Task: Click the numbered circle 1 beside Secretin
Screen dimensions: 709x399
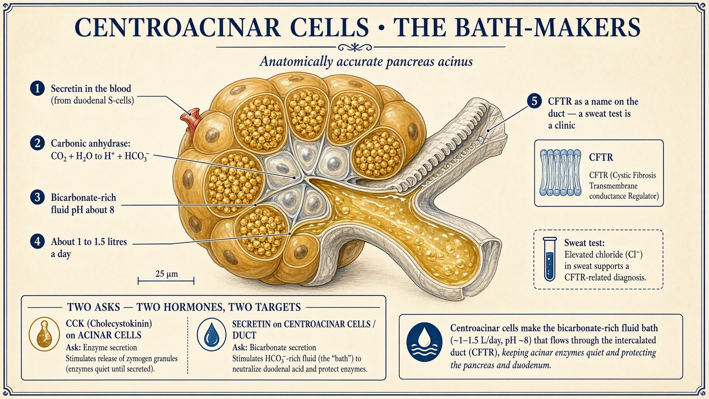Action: tap(38, 88)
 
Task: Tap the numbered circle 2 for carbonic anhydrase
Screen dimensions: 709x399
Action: tap(38, 142)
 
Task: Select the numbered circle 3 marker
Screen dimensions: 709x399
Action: tap(38, 197)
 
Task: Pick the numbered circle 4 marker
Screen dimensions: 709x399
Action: tap(38, 241)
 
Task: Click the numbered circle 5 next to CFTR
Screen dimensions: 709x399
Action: tap(535, 101)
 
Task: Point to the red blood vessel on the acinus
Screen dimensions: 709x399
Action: tap(192, 121)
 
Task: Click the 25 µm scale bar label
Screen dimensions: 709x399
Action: tap(167, 274)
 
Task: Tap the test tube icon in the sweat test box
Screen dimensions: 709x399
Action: tap(550, 259)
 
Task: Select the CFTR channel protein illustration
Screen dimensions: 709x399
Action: tap(561, 173)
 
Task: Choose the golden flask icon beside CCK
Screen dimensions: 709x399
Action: tap(44, 334)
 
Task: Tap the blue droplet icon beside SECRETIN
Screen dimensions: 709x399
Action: tap(212, 334)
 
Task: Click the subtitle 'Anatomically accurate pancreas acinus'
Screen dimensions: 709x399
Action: tap(366, 62)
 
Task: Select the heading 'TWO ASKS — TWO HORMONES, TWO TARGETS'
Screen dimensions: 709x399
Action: tap(184, 307)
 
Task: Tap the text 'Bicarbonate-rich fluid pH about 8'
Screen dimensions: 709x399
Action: tap(83, 203)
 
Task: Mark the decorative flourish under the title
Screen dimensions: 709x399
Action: tap(355, 47)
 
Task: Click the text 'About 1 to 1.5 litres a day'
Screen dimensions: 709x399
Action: tap(89, 247)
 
